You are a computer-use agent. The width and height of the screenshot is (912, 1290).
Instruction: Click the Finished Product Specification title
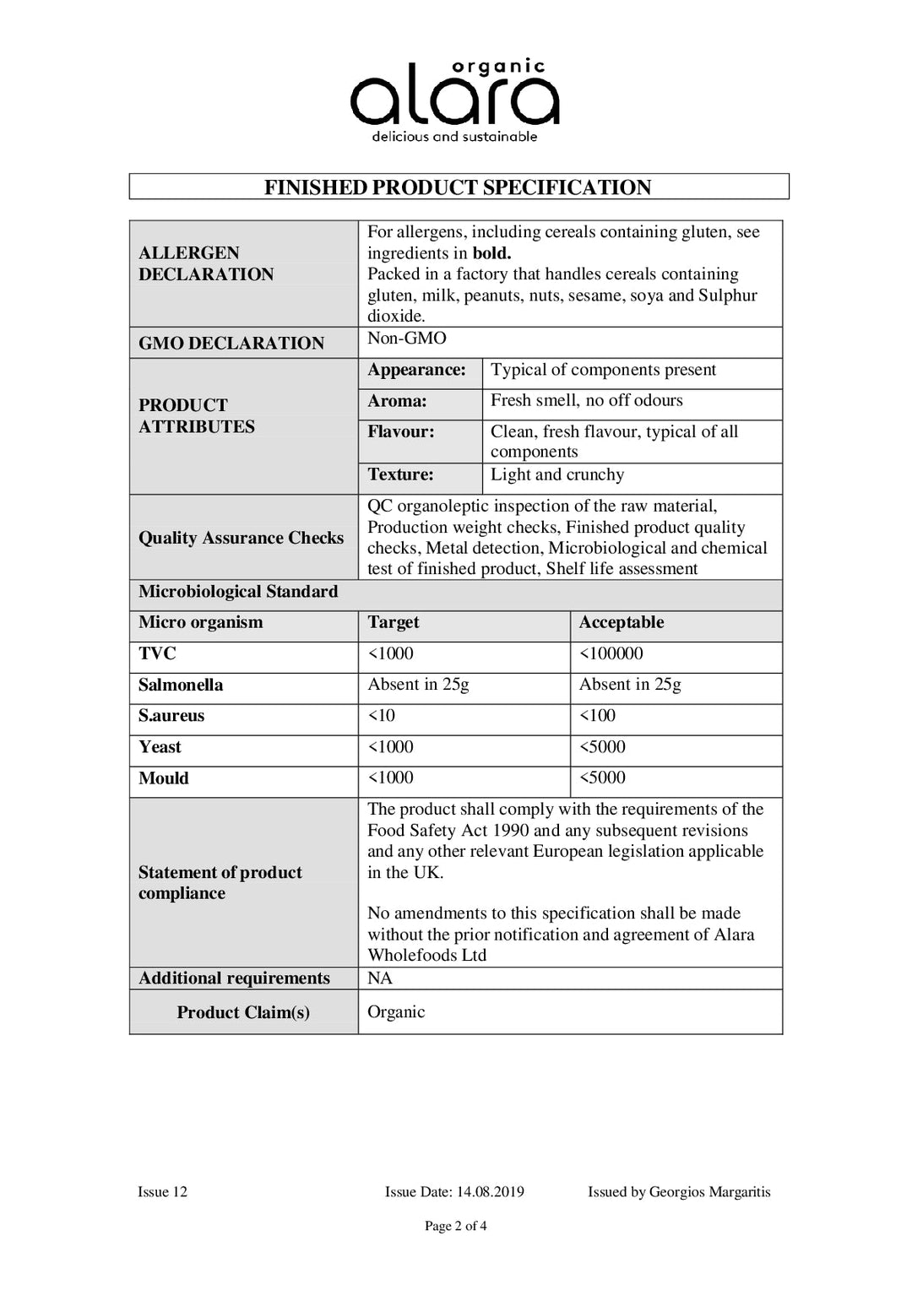click(458, 187)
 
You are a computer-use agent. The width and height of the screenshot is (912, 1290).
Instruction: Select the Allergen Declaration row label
click(206, 263)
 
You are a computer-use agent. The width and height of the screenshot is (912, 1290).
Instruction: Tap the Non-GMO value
click(407, 339)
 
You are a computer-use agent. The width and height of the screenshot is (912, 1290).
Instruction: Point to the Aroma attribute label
click(397, 401)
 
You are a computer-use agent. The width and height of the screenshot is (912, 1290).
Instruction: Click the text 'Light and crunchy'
click(557, 474)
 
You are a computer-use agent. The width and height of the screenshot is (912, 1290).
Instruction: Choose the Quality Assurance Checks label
click(241, 538)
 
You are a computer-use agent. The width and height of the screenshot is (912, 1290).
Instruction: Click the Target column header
click(394, 622)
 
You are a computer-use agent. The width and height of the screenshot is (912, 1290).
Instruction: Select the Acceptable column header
click(622, 622)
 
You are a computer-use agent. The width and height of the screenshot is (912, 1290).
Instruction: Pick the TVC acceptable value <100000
click(611, 653)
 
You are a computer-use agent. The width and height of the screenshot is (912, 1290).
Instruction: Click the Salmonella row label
click(181, 685)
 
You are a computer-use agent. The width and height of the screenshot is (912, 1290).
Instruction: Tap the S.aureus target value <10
click(382, 716)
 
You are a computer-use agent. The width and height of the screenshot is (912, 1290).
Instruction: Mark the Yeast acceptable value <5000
click(602, 747)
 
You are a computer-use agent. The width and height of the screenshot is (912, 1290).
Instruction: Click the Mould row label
click(164, 778)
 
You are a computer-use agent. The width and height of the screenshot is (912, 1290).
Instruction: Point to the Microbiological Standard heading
click(238, 592)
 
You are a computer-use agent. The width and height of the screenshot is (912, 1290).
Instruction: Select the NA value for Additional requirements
click(380, 978)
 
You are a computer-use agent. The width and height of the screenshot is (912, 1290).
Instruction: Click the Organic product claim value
click(396, 1011)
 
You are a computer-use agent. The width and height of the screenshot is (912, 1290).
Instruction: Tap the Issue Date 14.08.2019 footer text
click(454, 1192)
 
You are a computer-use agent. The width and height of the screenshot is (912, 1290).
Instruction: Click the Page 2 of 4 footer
click(455, 1226)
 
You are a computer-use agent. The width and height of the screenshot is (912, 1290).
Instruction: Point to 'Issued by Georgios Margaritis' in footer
click(679, 1192)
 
